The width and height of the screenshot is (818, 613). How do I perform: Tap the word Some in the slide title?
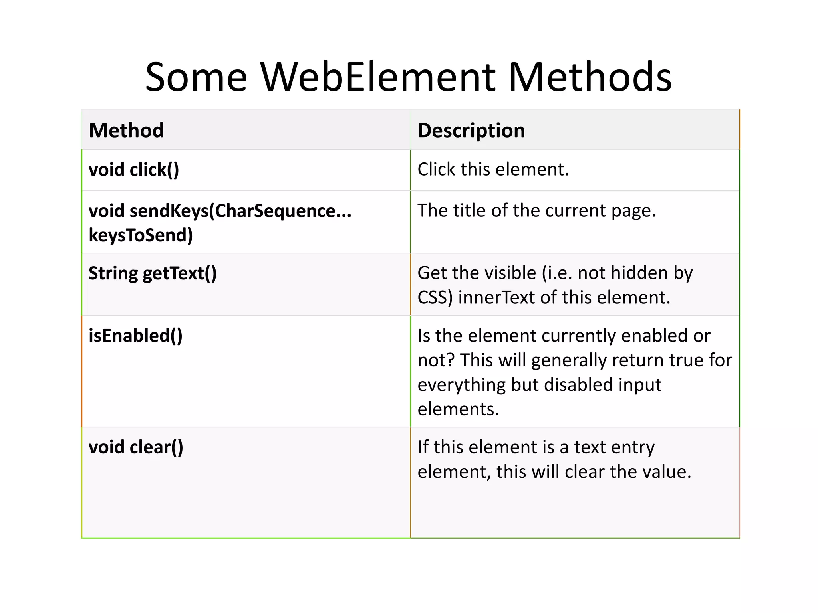196,77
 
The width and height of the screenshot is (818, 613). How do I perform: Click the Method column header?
126,131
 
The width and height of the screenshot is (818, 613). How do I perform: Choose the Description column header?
471,131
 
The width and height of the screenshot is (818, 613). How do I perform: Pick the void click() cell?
134,170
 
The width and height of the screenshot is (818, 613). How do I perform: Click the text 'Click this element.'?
493,169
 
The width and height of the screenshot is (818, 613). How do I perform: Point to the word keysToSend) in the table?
141,235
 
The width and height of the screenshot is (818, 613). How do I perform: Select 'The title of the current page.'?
536,210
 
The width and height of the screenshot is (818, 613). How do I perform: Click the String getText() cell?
153,273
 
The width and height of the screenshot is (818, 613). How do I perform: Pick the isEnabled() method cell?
135,336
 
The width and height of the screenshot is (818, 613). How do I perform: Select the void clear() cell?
136,447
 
